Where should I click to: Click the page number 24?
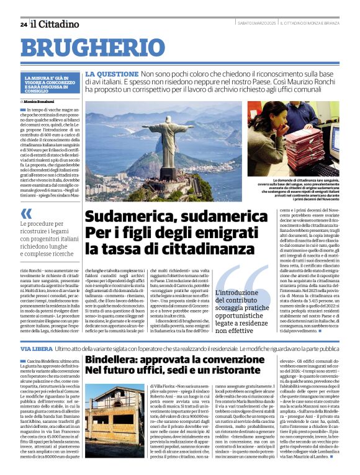pos(23,24)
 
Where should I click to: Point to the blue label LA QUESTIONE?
pos(107,73)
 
